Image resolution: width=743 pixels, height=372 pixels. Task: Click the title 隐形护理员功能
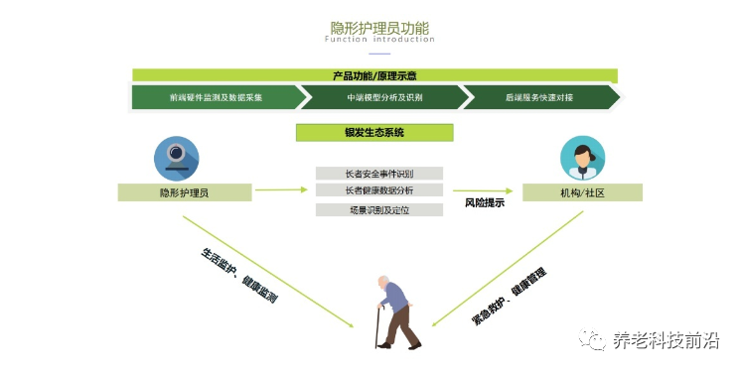[379, 27]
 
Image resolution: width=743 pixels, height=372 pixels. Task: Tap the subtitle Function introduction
[379, 41]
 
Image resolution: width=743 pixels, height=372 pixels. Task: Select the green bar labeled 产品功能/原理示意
[375, 75]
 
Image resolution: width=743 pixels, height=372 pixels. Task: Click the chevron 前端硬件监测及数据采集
[216, 98]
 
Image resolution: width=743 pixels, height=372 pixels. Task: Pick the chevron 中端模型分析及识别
[383, 98]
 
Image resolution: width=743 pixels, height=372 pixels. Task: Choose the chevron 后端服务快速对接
[540, 98]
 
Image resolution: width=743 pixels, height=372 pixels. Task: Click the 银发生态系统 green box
[374, 132]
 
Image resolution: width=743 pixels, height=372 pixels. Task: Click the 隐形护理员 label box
[184, 192]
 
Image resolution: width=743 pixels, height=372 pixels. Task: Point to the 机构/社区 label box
[582, 192]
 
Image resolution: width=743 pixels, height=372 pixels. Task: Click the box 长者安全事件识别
[379, 174]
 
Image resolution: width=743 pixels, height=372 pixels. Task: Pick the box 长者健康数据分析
[379, 190]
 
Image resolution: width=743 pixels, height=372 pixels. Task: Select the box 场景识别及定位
[379, 209]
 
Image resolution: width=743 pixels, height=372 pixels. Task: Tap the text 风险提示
[485, 203]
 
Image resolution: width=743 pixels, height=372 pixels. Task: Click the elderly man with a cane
[392, 310]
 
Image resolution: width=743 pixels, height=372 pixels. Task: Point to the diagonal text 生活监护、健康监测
[238, 273]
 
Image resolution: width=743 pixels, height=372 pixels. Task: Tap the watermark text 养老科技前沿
[665, 340]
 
